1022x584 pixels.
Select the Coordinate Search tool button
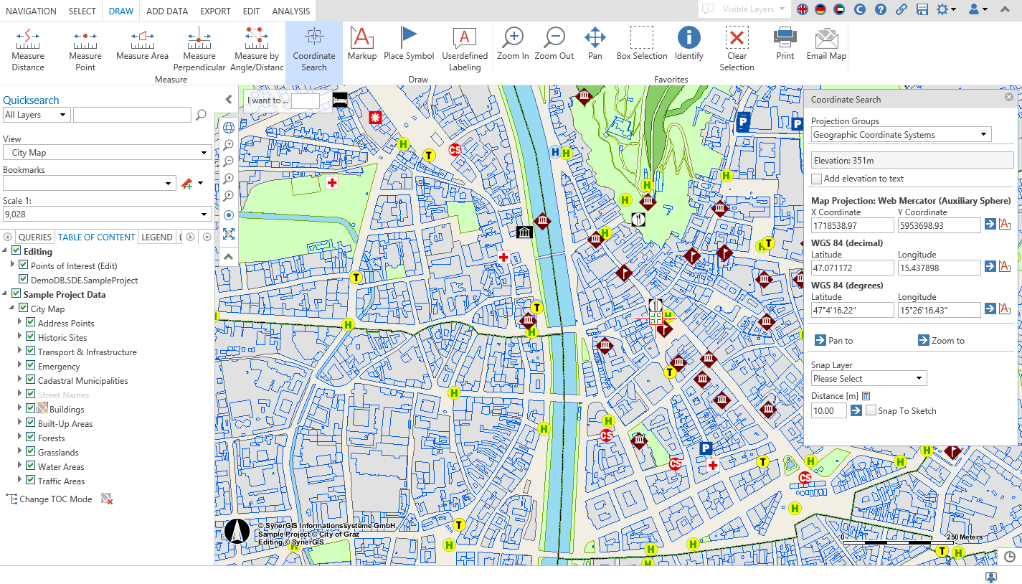(314, 49)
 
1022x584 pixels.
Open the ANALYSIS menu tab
(291, 11)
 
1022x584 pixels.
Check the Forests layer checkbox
(31, 438)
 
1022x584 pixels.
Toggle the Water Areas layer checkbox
(31, 466)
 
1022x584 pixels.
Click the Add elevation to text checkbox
(816, 179)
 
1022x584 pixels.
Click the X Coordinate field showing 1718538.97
(852, 225)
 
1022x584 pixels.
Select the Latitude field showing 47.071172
(852, 268)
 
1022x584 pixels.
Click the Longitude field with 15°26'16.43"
(938, 310)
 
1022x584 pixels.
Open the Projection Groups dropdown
(901, 135)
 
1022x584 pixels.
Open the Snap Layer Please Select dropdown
(869, 378)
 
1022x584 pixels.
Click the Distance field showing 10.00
(828, 410)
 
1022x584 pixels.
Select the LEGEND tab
(156, 237)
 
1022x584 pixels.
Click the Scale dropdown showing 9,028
(107, 214)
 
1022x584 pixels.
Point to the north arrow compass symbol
(237, 532)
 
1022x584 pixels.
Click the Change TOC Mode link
(55, 499)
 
